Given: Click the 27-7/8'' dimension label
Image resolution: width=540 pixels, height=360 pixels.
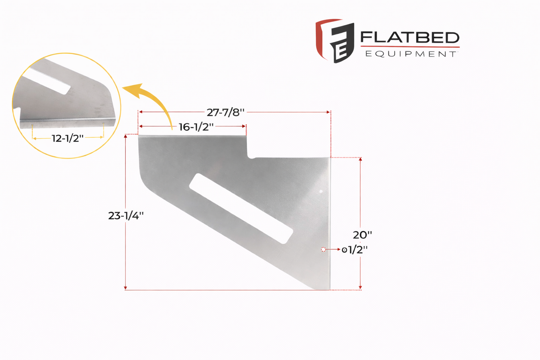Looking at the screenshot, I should click(x=225, y=112).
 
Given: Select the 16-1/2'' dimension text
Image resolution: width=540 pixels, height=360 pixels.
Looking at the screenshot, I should click(x=196, y=127).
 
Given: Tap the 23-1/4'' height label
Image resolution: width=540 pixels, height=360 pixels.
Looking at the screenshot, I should click(x=126, y=216).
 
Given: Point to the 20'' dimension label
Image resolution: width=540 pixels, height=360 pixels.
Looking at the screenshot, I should click(x=362, y=235).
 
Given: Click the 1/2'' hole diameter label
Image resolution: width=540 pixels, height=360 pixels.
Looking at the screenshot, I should click(x=355, y=250).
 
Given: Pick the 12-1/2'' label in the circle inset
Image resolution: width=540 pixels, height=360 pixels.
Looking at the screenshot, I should click(x=68, y=138).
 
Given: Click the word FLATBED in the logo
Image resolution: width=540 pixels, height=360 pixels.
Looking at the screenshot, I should click(x=410, y=38).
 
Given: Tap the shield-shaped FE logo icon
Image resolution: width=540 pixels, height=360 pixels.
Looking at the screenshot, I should click(x=334, y=40).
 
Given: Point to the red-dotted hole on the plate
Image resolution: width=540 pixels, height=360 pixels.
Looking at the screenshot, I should click(x=323, y=249).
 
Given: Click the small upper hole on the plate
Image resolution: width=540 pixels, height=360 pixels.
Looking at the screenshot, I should click(x=321, y=191).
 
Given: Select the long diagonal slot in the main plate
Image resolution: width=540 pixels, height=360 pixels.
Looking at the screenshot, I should click(x=241, y=209).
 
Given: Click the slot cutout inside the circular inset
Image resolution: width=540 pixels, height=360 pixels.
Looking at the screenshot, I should click(x=47, y=81).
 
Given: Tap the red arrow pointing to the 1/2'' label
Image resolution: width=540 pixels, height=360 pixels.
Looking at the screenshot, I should click(x=333, y=249).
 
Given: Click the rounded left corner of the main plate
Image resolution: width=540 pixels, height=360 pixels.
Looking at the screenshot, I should click(x=144, y=179).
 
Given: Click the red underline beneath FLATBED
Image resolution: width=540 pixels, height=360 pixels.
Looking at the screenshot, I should click(x=410, y=47).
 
